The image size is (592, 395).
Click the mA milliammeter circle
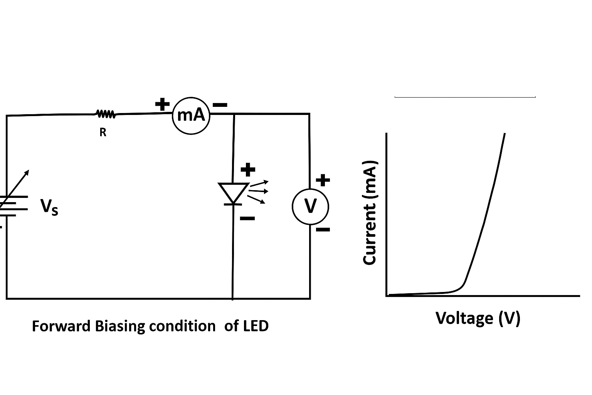point(191,115)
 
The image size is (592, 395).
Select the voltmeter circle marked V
point(310,206)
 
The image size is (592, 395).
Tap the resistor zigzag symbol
point(105,114)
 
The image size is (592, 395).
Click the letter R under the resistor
point(103,132)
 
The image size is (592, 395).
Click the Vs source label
point(49,207)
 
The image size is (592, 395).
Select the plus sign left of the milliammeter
point(162,104)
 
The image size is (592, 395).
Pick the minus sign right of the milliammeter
point(220,105)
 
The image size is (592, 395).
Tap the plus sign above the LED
point(248,169)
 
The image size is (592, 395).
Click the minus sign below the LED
point(247,218)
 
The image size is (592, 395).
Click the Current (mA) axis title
point(370,212)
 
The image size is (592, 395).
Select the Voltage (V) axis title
point(478,318)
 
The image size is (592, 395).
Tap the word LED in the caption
point(256,326)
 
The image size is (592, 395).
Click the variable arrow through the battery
point(15,185)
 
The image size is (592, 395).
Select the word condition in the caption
point(182,326)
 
